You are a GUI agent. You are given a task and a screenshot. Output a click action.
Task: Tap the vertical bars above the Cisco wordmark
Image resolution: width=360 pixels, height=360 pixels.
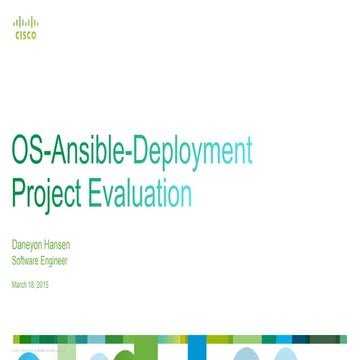[21, 21]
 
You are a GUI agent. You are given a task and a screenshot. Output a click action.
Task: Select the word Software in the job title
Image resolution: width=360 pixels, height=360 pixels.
[22, 257]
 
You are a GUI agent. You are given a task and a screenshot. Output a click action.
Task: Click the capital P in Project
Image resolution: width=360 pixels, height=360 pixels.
[16, 188]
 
